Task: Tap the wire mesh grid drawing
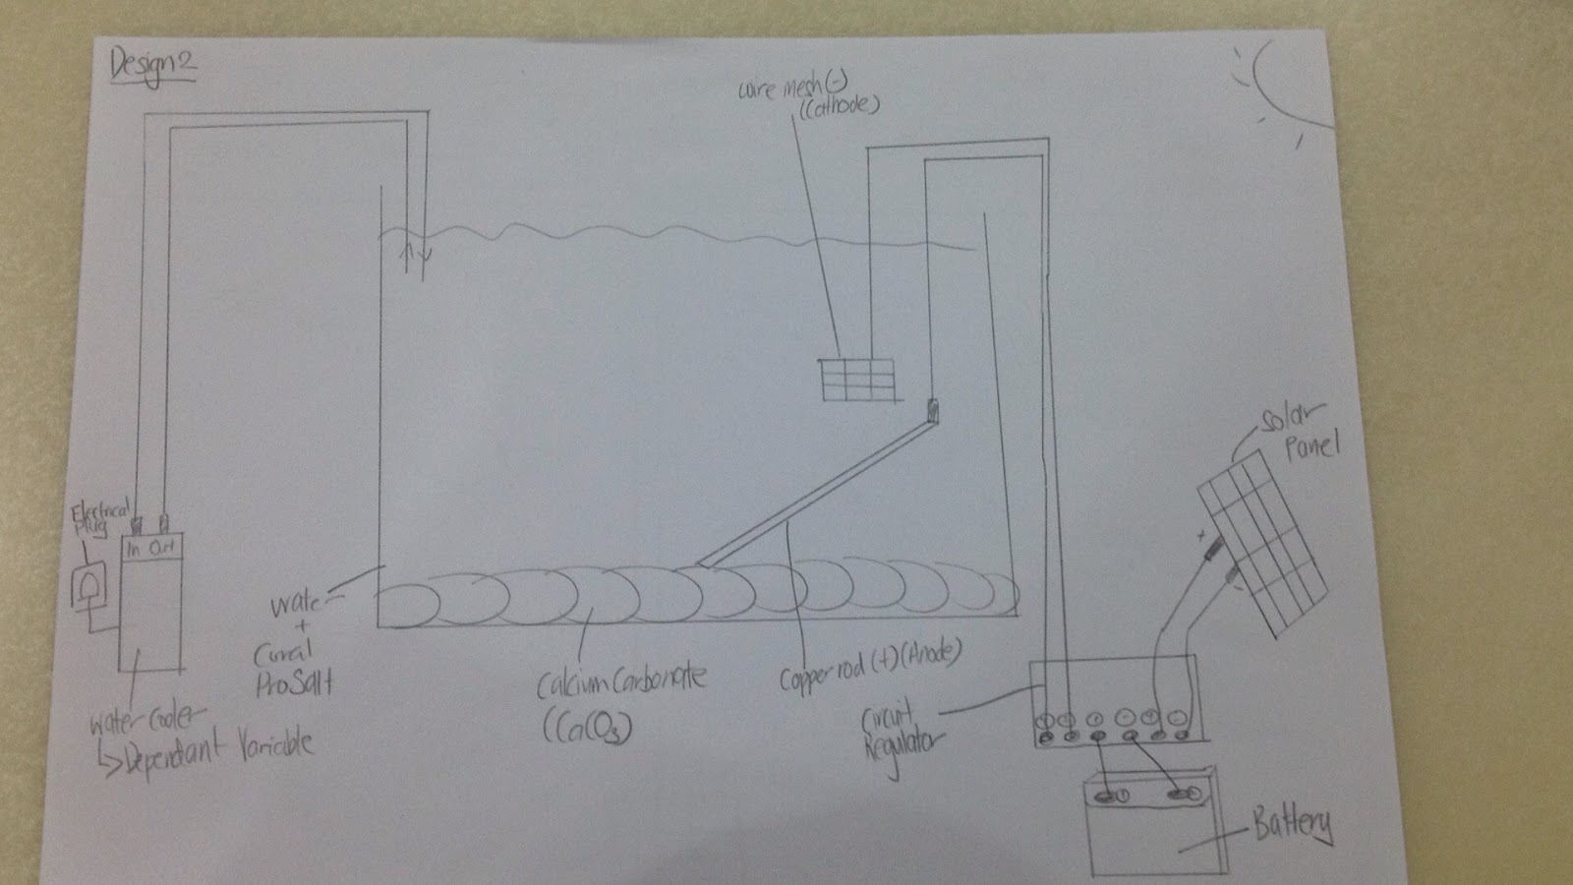click(859, 379)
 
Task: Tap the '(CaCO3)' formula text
click(587, 727)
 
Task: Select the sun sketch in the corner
click(1283, 84)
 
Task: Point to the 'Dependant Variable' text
click(216, 743)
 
